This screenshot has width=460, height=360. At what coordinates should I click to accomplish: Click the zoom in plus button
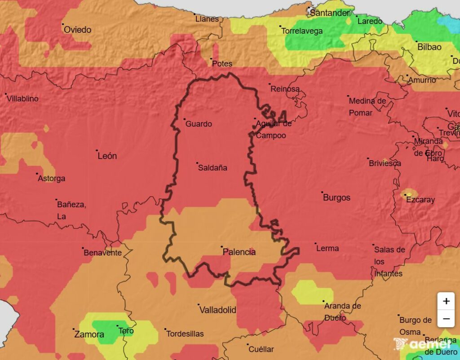point(446,301)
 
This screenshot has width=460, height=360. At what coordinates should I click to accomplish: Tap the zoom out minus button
point(446,319)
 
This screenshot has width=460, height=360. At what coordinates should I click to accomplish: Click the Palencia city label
point(239,252)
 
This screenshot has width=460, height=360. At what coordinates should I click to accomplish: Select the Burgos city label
point(336,198)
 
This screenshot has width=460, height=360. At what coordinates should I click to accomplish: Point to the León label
point(107,156)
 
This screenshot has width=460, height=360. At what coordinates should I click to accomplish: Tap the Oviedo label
point(77,30)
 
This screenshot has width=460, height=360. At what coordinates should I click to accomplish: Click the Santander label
point(330,13)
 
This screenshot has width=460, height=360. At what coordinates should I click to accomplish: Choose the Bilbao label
point(429,47)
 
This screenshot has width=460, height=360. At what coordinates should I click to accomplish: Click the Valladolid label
point(217,310)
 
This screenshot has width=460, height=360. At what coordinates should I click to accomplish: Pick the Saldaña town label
point(213,168)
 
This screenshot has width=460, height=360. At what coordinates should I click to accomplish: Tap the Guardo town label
point(199,124)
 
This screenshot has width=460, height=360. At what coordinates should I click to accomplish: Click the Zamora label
point(89,334)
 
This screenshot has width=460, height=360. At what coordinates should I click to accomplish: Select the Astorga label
point(52,179)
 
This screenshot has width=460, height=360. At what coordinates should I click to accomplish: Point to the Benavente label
point(103,253)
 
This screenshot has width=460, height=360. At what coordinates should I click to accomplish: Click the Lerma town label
point(327,248)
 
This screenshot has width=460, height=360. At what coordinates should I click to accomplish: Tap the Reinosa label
point(285,89)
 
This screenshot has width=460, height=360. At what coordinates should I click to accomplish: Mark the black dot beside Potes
point(212,58)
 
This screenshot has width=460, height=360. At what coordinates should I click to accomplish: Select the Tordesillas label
point(185,334)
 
